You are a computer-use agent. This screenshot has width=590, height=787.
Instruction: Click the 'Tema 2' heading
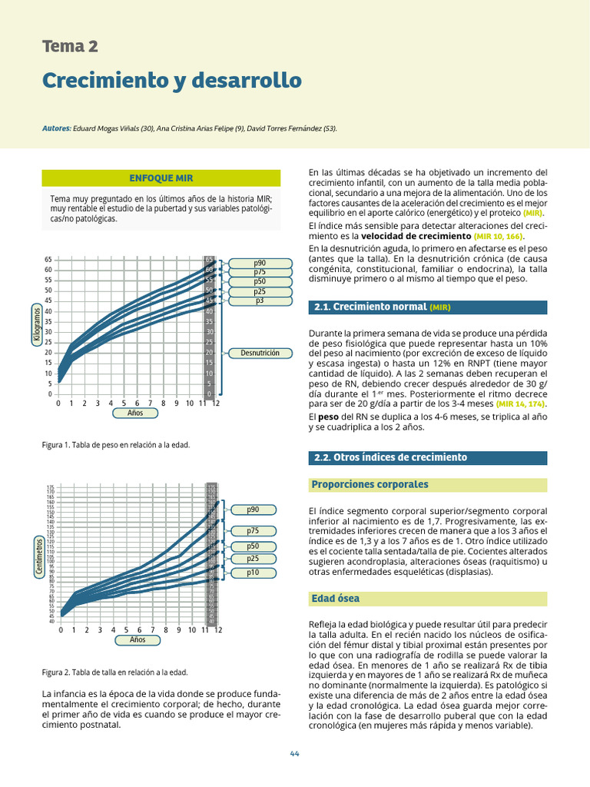[x=70, y=46]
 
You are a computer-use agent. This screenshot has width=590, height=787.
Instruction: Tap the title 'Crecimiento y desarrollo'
[x=171, y=80]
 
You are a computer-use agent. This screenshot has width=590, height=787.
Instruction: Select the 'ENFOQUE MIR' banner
[x=161, y=178]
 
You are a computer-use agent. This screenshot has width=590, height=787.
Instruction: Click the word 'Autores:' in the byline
[x=57, y=128]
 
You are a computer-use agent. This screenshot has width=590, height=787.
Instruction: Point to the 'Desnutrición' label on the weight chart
[x=260, y=353]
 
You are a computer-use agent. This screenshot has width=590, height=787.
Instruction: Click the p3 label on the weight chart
[x=260, y=301]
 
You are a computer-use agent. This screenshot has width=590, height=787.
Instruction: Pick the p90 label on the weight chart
[x=260, y=264]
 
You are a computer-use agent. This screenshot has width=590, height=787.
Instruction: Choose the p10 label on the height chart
[x=253, y=573]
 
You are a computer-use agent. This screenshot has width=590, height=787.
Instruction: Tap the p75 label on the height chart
[x=253, y=530]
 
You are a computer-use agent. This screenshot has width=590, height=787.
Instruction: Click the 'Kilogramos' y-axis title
[x=36, y=323]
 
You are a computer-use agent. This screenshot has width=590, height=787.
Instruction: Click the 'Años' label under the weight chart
[x=135, y=413]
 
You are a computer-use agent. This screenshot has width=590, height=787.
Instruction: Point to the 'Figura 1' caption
[x=114, y=445]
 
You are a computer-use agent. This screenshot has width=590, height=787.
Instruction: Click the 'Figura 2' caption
[x=114, y=672]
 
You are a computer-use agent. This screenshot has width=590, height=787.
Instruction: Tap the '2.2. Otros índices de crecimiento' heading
[x=391, y=457]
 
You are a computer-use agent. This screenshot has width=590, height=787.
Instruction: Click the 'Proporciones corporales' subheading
[x=370, y=485]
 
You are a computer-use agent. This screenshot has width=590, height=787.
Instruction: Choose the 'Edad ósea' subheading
[x=336, y=599]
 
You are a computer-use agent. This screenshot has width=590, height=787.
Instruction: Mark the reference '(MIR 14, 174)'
[x=520, y=403]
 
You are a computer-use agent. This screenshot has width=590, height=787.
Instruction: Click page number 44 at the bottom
[x=294, y=753]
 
